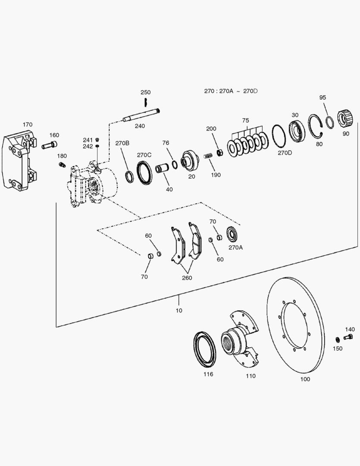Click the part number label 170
[x=27, y=125]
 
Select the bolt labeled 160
[x=50, y=145]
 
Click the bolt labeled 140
[x=349, y=337]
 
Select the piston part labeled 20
[x=189, y=161]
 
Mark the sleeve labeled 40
[x=163, y=167]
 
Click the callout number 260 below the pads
[x=187, y=277]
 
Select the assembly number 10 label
[x=178, y=310]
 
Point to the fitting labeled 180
[x=61, y=164]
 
